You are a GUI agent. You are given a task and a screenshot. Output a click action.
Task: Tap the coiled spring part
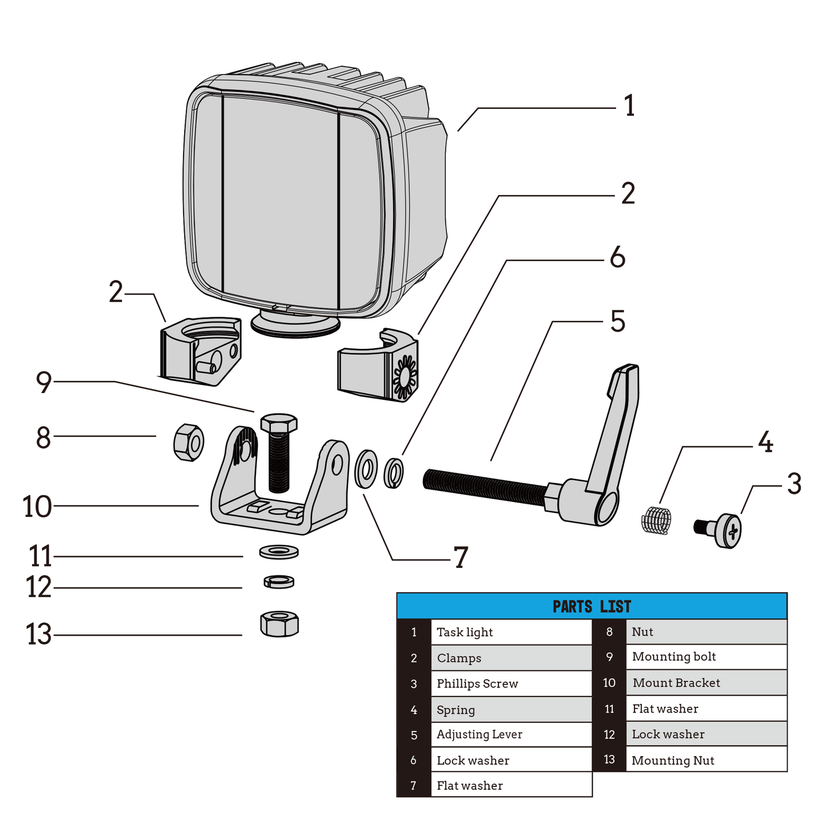point(656,520)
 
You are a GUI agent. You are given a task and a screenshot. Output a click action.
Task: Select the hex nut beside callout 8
point(189,442)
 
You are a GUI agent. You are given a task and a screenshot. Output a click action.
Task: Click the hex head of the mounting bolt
point(279,424)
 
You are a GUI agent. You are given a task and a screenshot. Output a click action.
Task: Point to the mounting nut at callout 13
point(279,624)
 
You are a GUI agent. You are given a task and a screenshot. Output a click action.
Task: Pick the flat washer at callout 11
point(279,552)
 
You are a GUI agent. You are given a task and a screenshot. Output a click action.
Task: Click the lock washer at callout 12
point(279,582)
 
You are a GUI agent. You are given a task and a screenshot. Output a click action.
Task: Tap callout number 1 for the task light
point(629,106)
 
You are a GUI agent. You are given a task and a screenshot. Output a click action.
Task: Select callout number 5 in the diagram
point(617,321)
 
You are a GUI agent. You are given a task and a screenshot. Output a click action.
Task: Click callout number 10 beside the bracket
point(37,507)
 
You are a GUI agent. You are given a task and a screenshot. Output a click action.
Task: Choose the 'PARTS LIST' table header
point(591,606)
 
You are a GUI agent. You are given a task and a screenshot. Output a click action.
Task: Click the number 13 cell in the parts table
point(609,760)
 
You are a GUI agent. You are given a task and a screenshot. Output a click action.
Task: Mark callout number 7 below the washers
point(461,558)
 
